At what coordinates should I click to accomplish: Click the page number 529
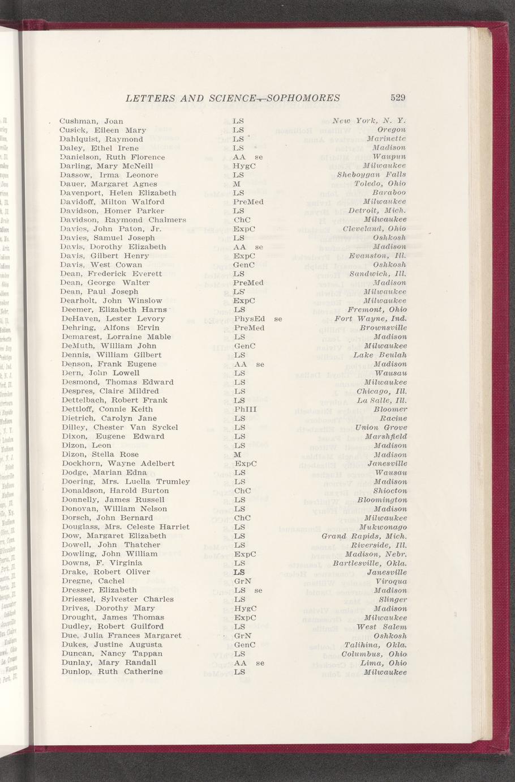[398, 98]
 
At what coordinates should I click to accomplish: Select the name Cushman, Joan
[91, 121]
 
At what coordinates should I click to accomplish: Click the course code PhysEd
[249, 318]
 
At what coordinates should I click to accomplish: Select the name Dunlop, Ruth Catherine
[111, 672]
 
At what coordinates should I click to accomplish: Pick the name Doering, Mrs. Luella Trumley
[125, 482]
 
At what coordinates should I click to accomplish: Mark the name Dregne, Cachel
[92, 581]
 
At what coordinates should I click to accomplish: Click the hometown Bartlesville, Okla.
[370, 563]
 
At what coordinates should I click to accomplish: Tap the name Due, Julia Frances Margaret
[121, 636]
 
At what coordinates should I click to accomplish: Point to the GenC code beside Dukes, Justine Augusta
[244, 645]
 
